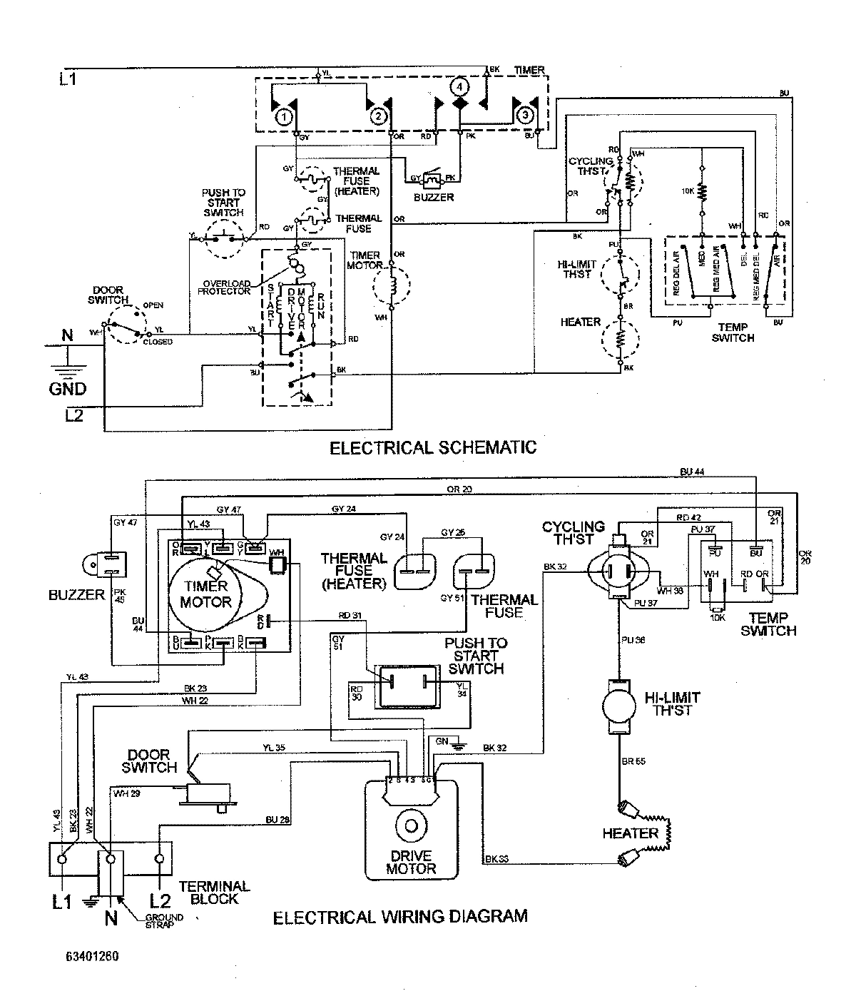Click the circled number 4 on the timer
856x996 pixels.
[x=460, y=86]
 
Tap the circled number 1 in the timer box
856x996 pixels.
[x=284, y=116]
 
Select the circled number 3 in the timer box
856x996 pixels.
[x=524, y=115]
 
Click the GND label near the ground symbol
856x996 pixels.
[x=68, y=388]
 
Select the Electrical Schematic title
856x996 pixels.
[x=432, y=448]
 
